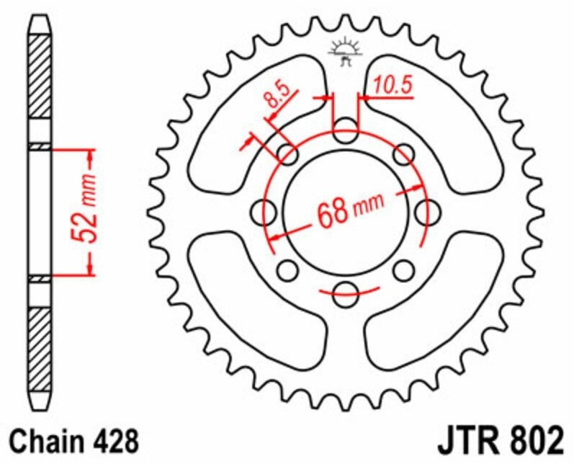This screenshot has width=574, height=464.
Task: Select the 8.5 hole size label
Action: [278, 97]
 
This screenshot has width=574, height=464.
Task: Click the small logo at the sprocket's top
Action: [344, 50]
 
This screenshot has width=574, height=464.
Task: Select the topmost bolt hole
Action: [345, 134]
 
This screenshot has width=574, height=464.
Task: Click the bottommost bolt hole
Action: [345, 291]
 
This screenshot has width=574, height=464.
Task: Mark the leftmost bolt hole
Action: [266, 213]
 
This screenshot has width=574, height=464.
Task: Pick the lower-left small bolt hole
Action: [287, 271]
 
